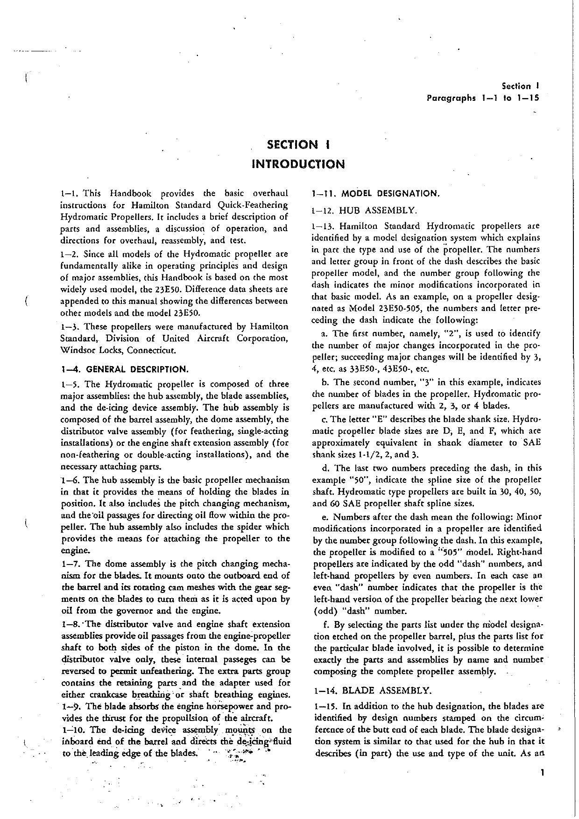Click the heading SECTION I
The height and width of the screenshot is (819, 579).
coord(298,144)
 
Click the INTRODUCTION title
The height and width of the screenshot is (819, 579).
coord(298,164)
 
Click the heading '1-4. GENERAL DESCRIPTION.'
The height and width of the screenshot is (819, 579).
coord(125,369)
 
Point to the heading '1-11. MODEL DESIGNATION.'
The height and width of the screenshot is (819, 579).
coord(376,193)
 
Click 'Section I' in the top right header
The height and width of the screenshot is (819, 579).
coord(521,86)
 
